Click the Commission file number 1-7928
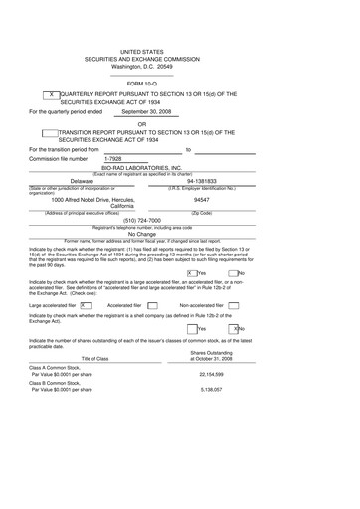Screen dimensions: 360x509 (x=114, y=159)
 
